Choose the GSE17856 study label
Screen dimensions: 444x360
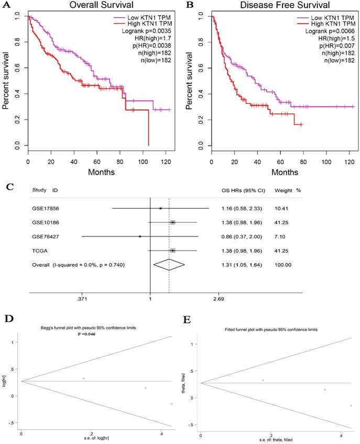coord(42,209)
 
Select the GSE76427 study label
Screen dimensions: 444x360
coord(42,236)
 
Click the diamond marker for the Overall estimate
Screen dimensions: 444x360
coord(169,265)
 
